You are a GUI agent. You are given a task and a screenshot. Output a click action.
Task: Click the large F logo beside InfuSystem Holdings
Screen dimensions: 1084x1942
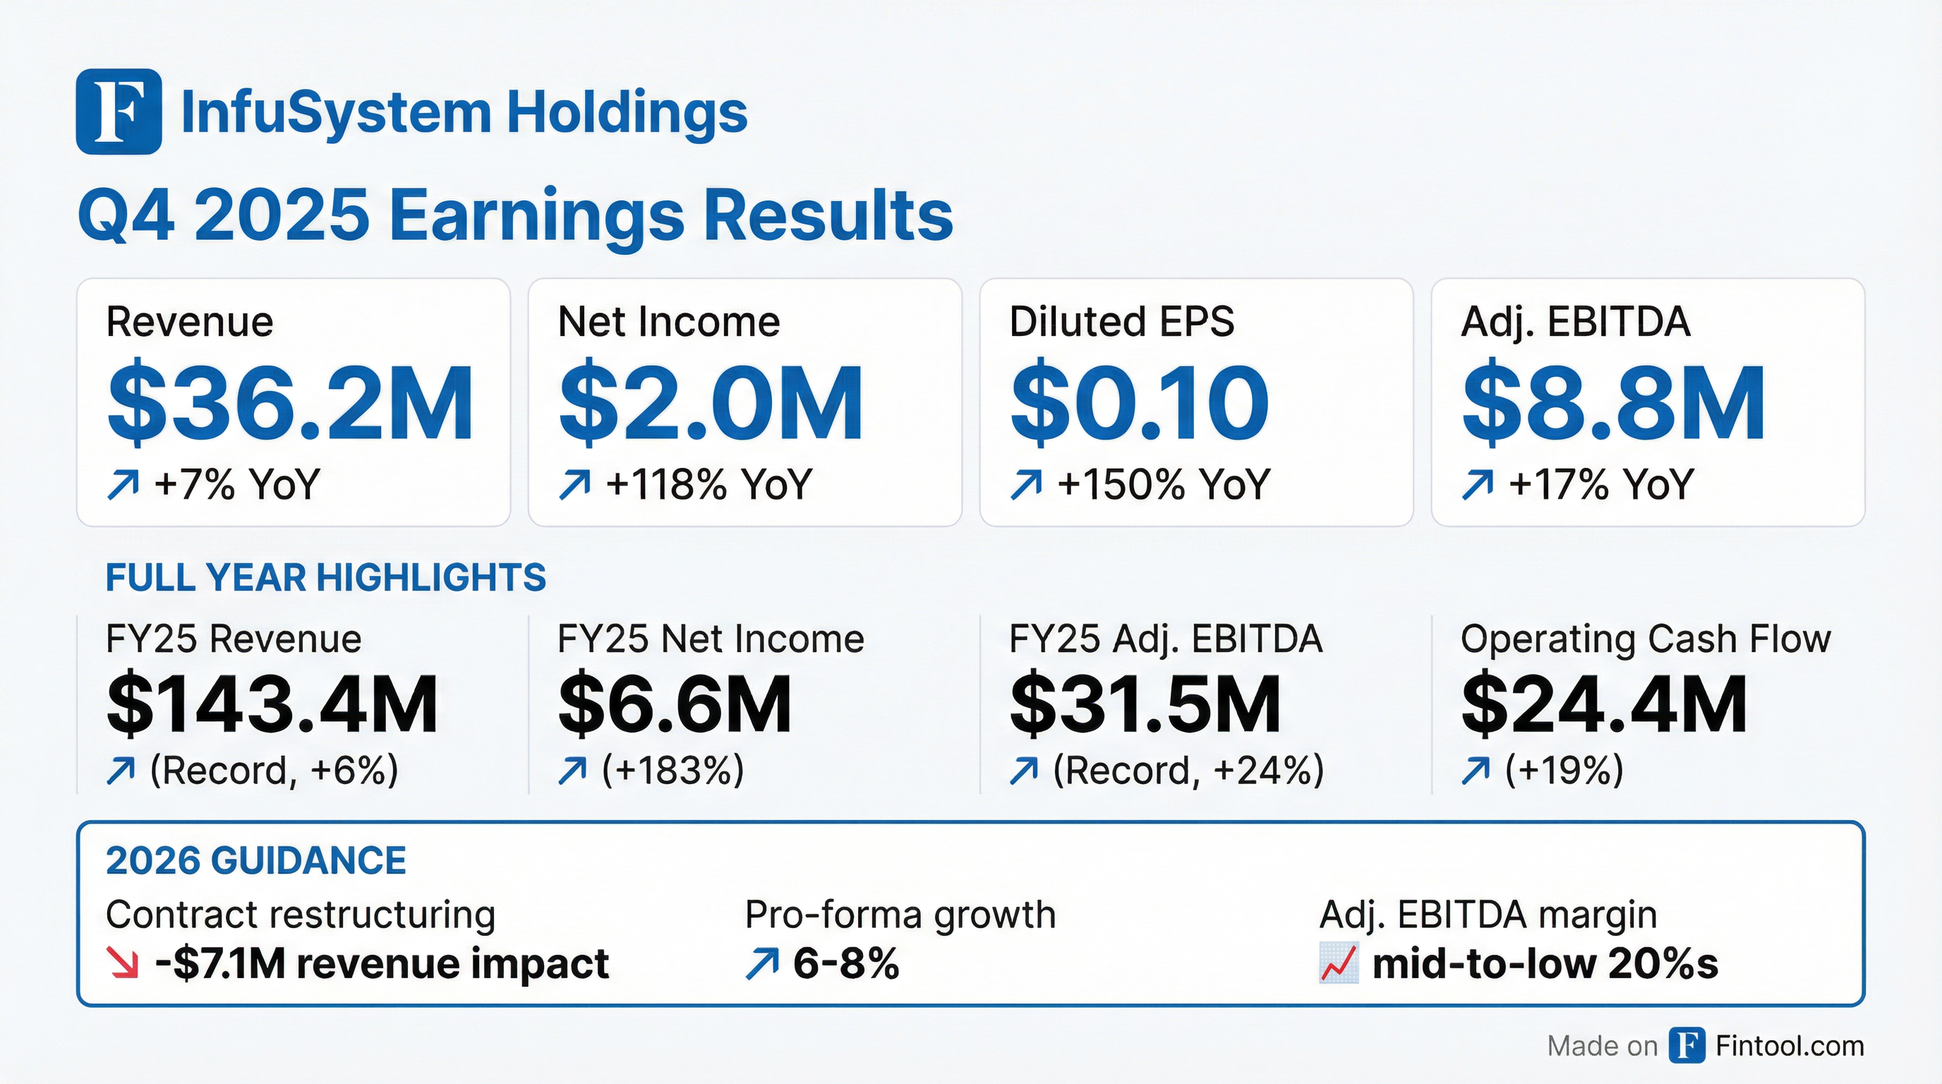coord(119,112)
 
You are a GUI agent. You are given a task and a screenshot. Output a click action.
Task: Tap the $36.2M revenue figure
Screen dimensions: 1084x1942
coord(290,403)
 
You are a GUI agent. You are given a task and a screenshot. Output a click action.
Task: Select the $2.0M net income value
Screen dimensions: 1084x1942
coord(711,403)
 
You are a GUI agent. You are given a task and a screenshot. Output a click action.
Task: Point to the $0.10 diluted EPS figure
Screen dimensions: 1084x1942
coord(1139,403)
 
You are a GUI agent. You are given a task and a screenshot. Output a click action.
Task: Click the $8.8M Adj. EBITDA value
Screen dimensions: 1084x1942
coord(1613,403)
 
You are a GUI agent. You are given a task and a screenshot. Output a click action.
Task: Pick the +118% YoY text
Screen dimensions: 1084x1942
coord(708,484)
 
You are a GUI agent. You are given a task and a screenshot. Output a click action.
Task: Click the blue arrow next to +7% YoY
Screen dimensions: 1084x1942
coord(123,485)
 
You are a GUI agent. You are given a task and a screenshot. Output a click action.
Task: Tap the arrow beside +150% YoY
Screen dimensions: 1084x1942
coord(1026,485)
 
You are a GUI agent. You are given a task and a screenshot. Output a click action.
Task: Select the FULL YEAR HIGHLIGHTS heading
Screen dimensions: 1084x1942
coord(326,578)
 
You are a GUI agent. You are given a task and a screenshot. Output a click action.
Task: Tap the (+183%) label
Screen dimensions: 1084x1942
coord(673,771)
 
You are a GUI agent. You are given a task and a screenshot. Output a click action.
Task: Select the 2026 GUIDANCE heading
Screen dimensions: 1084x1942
coord(255,861)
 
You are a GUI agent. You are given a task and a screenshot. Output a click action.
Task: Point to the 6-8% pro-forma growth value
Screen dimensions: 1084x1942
coord(846,963)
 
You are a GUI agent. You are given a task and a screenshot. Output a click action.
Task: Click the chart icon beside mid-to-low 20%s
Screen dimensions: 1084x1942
coord(1338,964)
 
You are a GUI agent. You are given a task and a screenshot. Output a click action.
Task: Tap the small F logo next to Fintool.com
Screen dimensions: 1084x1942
coord(1687,1046)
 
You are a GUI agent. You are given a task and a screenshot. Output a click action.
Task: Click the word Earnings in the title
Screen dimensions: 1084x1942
coord(536,217)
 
